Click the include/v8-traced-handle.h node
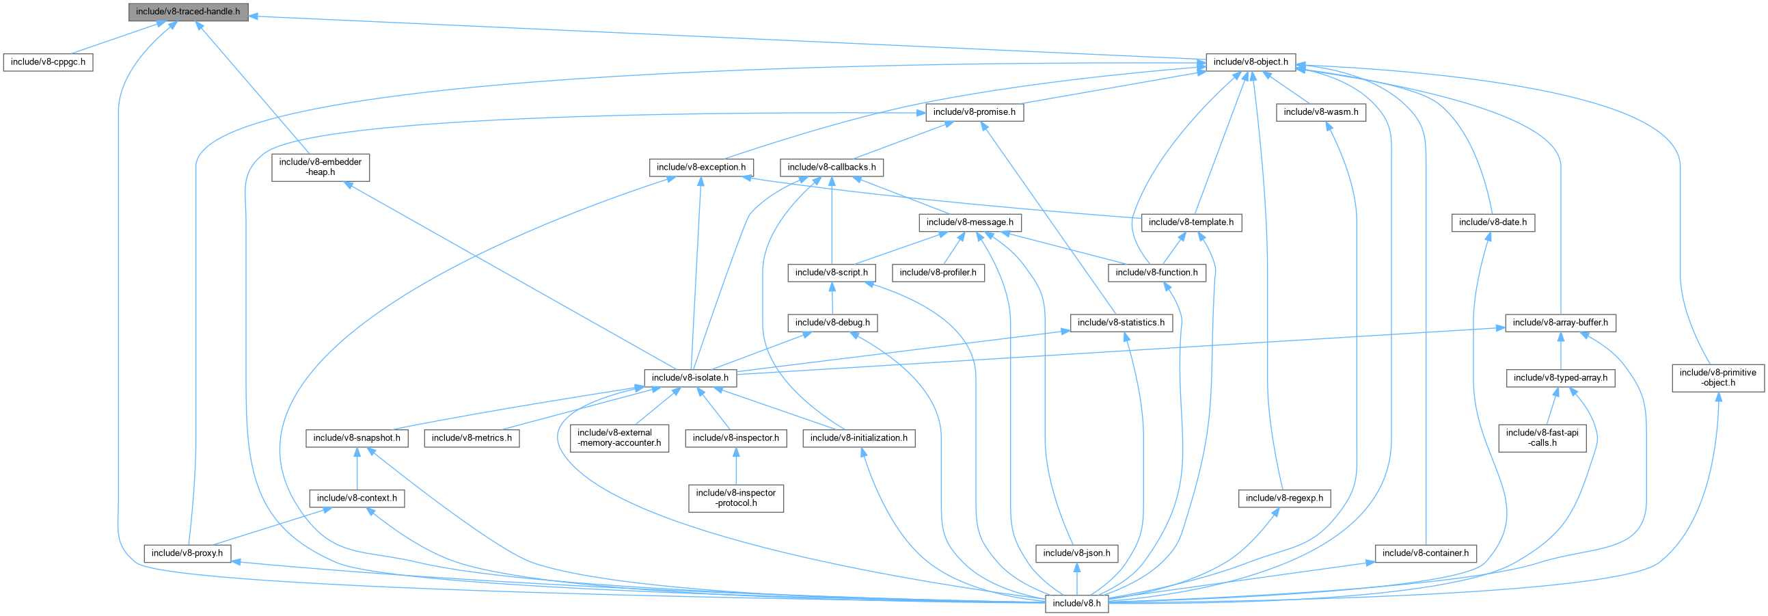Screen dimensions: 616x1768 187,12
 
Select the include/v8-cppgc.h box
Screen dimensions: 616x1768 48,62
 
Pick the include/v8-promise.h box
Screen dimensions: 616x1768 974,112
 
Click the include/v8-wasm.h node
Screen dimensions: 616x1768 1320,112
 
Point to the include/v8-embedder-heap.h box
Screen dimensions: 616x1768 321,167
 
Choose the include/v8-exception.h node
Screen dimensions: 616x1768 701,167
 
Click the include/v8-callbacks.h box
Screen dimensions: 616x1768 831,167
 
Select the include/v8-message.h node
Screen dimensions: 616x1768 969,222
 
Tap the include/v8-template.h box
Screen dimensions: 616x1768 1191,222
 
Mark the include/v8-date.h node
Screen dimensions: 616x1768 1493,222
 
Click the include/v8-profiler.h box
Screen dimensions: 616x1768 938,273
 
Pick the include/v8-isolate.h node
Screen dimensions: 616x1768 690,377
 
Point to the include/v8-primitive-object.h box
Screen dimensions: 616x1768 1717,377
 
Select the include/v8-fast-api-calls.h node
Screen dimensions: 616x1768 1542,438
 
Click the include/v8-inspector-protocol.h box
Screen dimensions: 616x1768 736,498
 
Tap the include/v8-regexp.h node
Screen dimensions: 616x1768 1284,498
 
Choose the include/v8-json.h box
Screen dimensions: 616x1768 1076,553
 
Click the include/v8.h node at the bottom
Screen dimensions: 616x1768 1076,603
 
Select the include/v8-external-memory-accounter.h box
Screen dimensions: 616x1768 619,438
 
